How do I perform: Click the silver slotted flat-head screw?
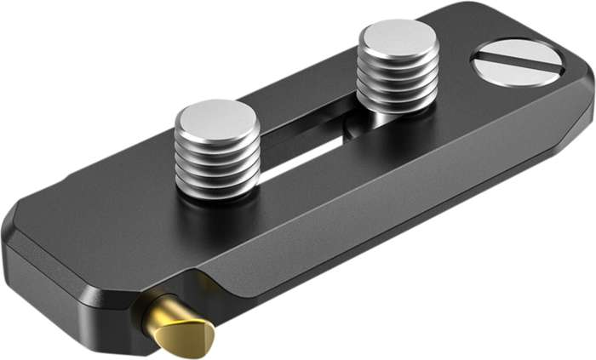[517, 64]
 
